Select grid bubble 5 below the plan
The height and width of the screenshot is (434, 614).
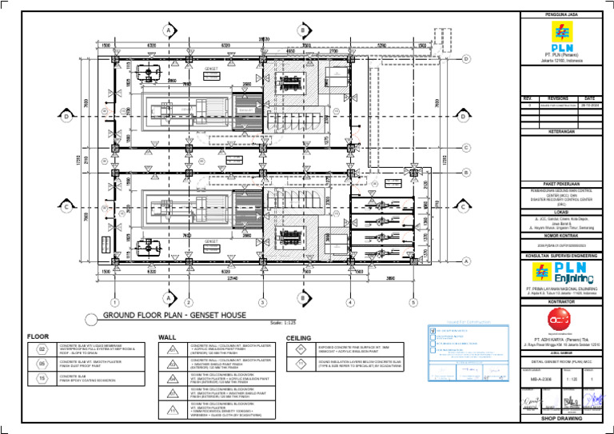coord(413,302)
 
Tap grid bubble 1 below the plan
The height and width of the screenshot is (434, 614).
coord(115,302)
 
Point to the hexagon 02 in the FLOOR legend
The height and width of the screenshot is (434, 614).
coord(41,348)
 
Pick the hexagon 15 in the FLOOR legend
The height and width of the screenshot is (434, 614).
coord(41,377)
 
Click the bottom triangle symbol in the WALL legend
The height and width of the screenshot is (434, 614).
coord(171,410)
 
